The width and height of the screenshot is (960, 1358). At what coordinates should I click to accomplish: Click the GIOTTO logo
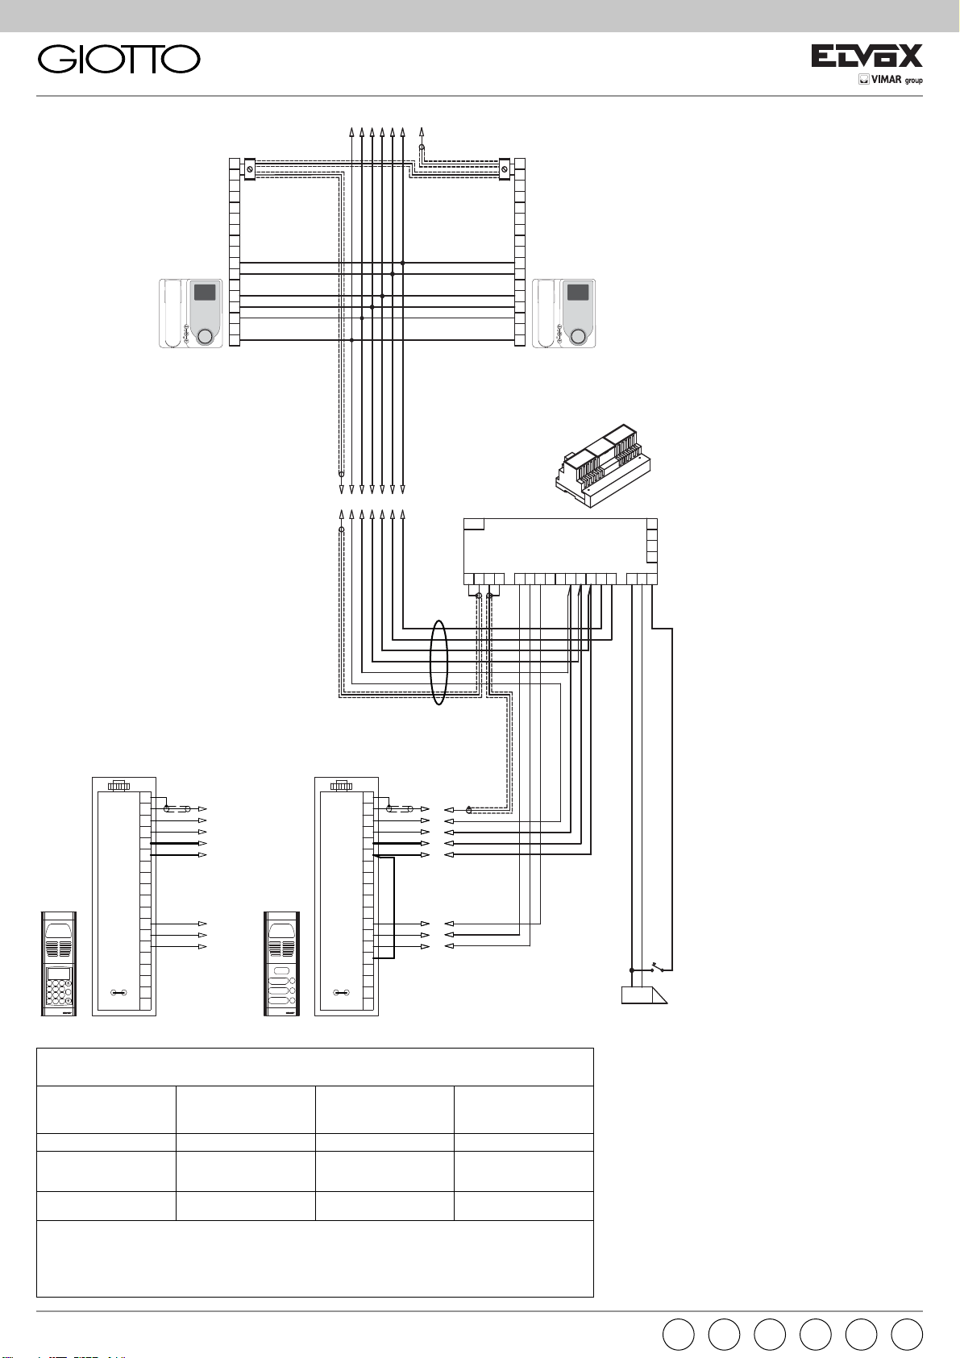coord(119,60)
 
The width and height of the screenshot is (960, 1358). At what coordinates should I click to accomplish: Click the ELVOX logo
coord(866,56)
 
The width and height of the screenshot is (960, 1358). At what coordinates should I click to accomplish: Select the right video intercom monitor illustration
coord(563,314)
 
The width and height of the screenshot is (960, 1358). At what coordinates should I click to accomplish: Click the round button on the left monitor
coord(206,336)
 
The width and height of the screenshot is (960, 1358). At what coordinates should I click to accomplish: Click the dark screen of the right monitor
coord(577,292)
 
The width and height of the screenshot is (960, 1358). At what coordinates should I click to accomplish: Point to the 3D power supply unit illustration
coord(603,467)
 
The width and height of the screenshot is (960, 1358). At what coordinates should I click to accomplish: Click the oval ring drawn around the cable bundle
coord(438,662)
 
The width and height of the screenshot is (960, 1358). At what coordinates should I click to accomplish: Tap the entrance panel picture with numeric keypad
coord(59,963)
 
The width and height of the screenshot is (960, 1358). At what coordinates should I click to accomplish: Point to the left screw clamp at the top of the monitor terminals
coord(250,169)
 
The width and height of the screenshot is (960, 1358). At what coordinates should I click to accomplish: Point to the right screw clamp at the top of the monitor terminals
coord(505,169)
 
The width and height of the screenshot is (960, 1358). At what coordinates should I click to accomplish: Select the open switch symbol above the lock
coord(658,966)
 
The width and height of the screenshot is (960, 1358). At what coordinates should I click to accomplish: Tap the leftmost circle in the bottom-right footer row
coord(678,1335)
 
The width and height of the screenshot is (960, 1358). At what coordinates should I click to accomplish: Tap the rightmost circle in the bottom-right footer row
coord(907,1335)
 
